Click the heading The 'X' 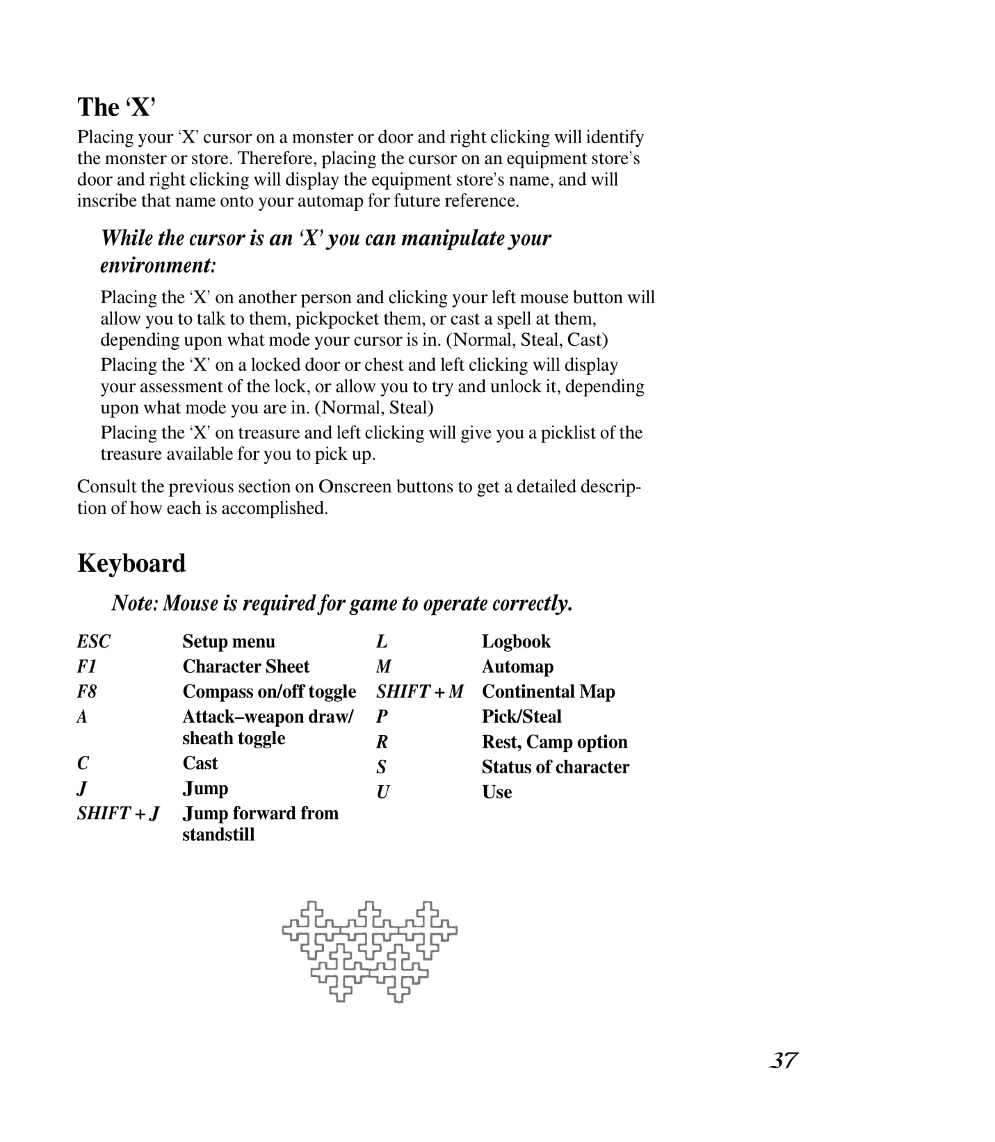(x=116, y=108)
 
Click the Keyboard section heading (x=131, y=563)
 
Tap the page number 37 (x=783, y=1061)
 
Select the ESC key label (x=93, y=641)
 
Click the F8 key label (x=87, y=691)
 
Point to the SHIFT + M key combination (x=419, y=691)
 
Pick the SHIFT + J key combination (x=118, y=813)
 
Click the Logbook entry (x=516, y=641)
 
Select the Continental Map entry (x=548, y=691)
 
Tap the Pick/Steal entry (x=521, y=716)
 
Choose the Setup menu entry (x=229, y=641)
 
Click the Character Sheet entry (x=245, y=666)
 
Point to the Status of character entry (x=555, y=766)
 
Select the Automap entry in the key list (x=517, y=666)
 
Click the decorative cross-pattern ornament (x=369, y=951)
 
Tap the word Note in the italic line (x=134, y=603)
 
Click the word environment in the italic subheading (x=156, y=265)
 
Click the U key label (x=382, y=791)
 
